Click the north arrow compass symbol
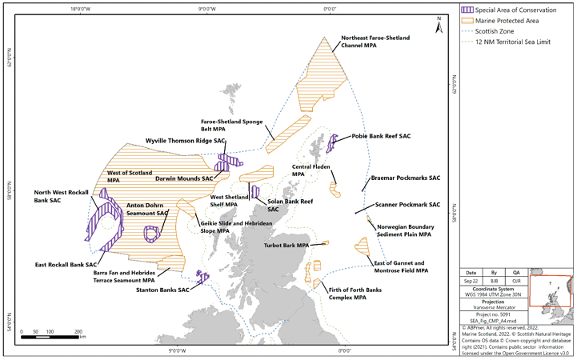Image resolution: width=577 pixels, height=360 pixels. click(439, 25)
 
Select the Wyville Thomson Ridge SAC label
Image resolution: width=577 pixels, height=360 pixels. click(185, 140)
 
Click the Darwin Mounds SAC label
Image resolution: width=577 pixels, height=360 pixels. click(184, 178)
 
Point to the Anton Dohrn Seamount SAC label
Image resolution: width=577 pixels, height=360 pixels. click(147, 210)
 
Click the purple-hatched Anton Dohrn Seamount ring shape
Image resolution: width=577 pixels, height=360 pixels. click(150, 234)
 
